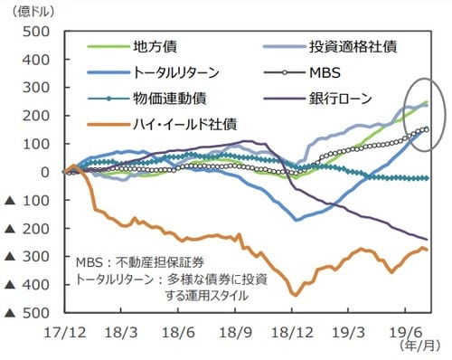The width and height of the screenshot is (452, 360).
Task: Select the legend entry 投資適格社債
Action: pyautogui.click(x=348, y=47)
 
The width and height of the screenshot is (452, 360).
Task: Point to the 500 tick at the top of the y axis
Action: pyautogui.click(x=37, y=32)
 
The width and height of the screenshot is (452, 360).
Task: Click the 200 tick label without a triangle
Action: pyautogui.click(x=37, y=116)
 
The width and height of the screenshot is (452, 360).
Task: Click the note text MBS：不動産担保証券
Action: pyautogui.click(x=143, y=261)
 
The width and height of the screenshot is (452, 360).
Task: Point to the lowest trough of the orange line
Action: pyautogui.click(x=296, y=294)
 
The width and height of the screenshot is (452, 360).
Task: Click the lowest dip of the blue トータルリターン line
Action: pyautogui.click(x=296, y=220)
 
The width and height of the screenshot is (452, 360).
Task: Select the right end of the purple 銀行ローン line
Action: pyautogui.click(x=427, y=239)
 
